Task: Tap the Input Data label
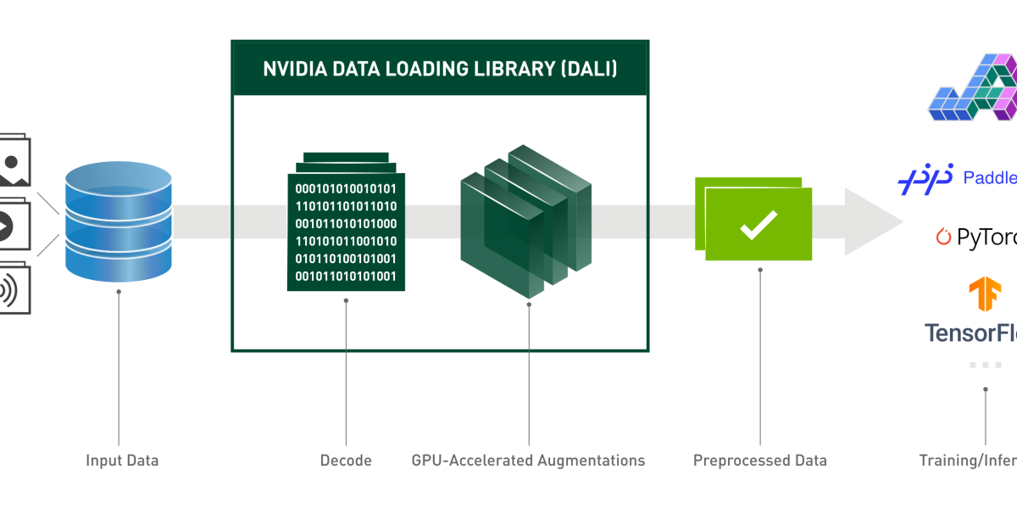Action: (122, 461)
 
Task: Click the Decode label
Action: (346, 461)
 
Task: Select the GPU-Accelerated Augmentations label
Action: (528, 461)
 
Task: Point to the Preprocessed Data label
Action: (759, 461)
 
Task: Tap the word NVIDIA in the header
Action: (291, 69)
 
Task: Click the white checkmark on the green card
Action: (759, 224)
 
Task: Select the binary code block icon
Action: (346, 224)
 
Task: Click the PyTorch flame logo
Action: (943, 238)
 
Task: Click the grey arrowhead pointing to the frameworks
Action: (873, 222)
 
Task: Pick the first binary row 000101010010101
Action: (346, 187)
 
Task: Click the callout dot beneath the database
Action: (119, 292)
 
